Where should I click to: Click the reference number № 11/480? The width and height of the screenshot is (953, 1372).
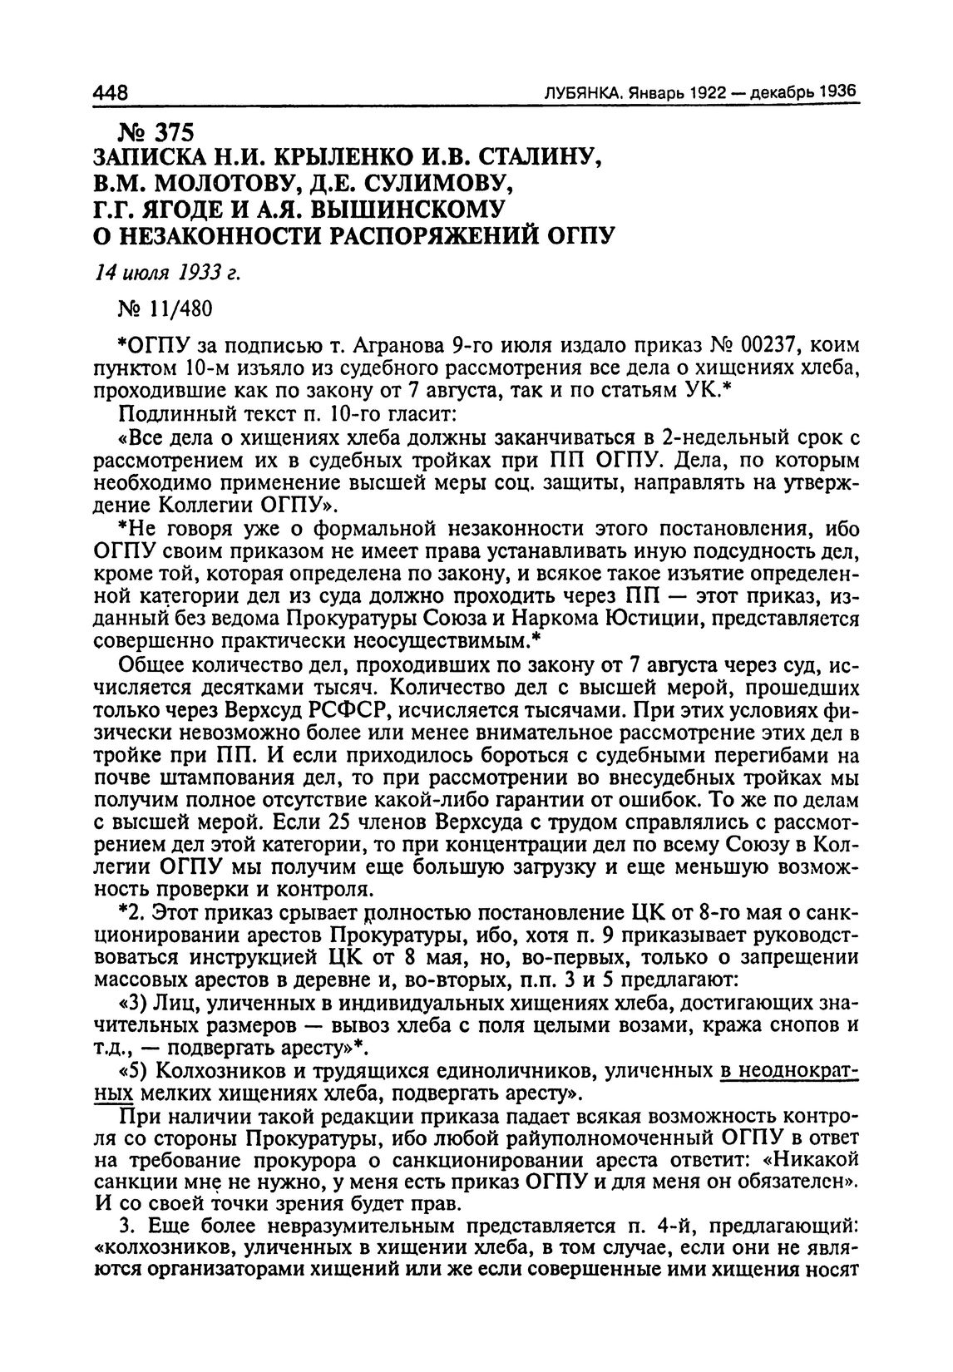tap(166, 308)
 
